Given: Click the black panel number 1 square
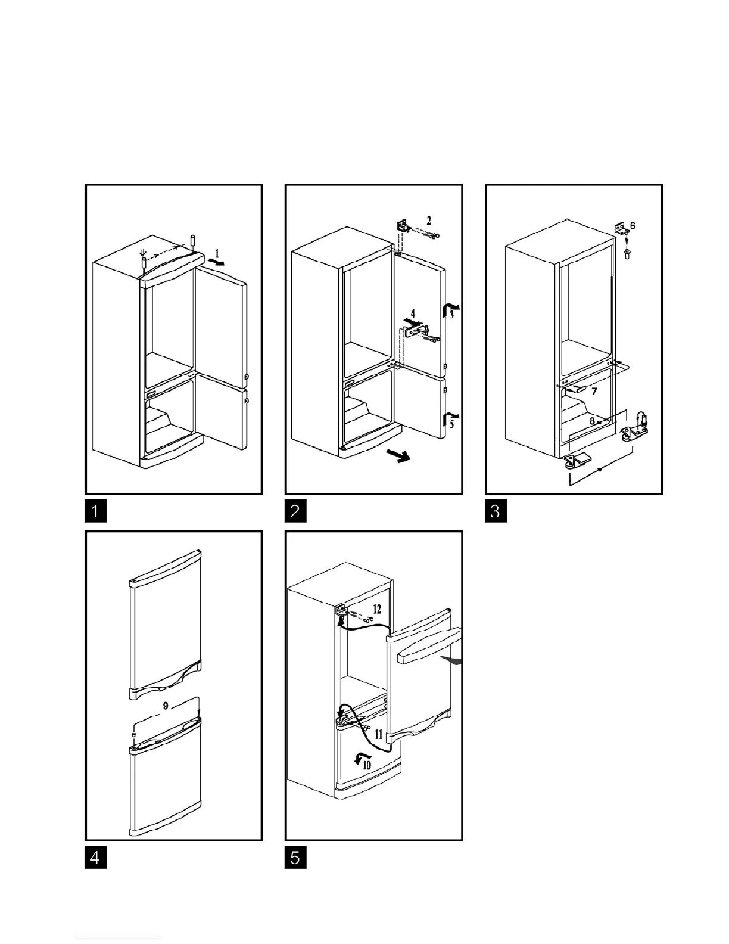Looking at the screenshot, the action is [95, 512].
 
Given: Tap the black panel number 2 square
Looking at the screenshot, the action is [296, 512].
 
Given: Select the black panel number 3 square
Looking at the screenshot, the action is [496, 512].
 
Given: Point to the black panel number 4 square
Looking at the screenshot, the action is [95, 859].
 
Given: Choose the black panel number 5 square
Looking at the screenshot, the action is [296, 859].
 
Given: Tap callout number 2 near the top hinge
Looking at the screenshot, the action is [429, 220].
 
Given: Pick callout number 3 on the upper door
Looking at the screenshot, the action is [452, 313].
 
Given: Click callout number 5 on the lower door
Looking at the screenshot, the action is [451, 424].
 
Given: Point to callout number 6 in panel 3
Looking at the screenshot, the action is [633, 226].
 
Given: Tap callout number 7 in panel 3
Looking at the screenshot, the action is [594, 392].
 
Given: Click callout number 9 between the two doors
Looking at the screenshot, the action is [166, 706].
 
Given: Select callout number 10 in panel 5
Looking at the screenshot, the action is [367, 764].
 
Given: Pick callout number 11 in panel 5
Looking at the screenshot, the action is [379, 735].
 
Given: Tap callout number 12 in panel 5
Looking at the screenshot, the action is [377, 609].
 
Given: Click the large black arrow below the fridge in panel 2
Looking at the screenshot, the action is [398, 457].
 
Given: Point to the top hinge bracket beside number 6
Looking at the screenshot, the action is [620, 227].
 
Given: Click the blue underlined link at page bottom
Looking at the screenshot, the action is [118, 939].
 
